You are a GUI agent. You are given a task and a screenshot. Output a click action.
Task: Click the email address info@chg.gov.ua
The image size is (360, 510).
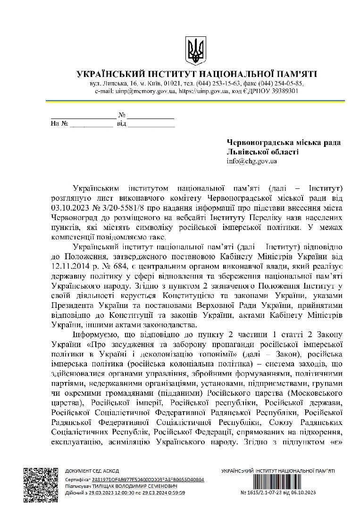click(251, 161)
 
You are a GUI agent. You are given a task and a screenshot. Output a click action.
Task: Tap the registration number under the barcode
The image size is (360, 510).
click(278, 493)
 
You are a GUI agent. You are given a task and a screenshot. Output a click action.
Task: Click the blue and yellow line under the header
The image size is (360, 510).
click(195, 101)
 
